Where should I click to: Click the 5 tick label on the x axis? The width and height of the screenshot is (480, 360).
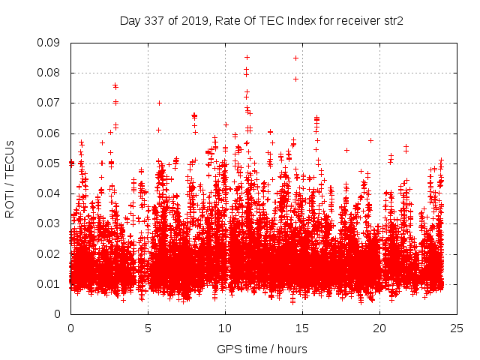148,328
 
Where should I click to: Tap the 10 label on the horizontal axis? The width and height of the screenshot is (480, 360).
225,328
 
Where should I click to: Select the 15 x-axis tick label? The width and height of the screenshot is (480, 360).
302,328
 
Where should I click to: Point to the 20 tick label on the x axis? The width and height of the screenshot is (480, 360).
379,328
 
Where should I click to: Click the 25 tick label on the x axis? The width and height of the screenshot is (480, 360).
457,328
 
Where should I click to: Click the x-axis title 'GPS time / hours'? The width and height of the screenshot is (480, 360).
262,349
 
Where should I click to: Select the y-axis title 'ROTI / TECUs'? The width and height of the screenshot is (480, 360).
10,178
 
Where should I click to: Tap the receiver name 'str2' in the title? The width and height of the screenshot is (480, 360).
393,21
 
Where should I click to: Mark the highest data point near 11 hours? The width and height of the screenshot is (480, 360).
247,57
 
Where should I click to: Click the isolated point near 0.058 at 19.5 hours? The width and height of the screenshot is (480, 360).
370,140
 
